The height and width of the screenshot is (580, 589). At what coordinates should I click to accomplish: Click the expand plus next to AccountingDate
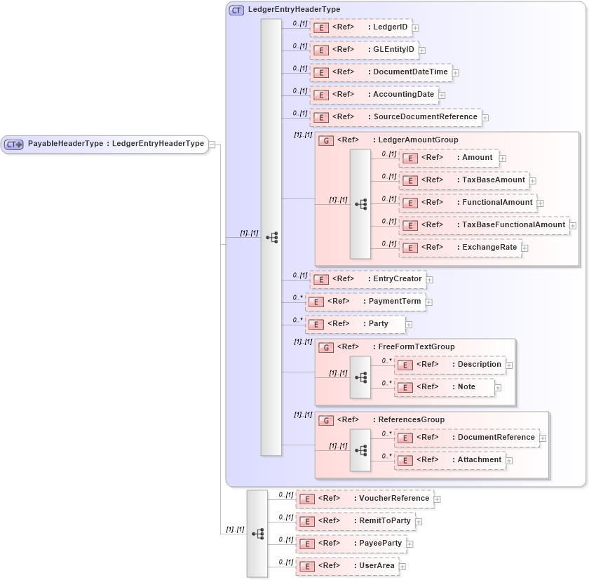click(442, 95)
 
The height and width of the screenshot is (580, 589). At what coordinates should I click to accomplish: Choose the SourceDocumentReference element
click(424, 117)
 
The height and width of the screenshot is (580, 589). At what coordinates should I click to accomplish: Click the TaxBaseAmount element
click(493, 180)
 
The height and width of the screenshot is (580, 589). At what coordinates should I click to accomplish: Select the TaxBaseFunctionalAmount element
click(513, 225)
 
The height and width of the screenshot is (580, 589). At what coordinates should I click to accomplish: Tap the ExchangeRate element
click(489, 248)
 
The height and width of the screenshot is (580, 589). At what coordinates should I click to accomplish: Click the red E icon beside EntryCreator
click(320, 279)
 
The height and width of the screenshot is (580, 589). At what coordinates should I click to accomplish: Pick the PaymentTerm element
click(395, 302)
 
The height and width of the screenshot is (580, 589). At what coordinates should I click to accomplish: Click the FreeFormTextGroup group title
click(416, 346)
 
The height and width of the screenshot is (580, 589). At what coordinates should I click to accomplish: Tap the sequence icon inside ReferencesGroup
click(360, 449)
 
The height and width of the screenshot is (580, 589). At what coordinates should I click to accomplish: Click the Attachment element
click(479, 460)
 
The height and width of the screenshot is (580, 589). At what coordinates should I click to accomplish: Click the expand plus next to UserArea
click(402, 566)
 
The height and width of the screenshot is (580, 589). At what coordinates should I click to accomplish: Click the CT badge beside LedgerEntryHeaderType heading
click(237, 10)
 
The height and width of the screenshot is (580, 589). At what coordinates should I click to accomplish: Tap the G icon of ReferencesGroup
click(325, 420)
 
